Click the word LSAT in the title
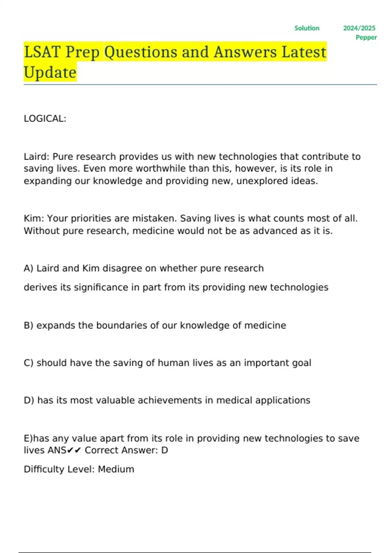(x=42, y=52)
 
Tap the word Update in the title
(x=50, y=73)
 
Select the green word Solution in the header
(x=307, y=28)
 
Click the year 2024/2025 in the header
(x=359, y=28)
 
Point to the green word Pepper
(x=366, y=37)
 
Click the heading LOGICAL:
(x=45, y=119)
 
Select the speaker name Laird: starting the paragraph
(x=36, y=157)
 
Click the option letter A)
(x=29, y=268)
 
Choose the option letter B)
(x=29, y=326)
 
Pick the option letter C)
(x=29, y=363)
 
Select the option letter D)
(x=29, y=400)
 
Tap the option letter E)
(x=28, y=438)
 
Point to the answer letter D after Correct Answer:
(x=164, y=451)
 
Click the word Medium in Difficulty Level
(x=116, y=469)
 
